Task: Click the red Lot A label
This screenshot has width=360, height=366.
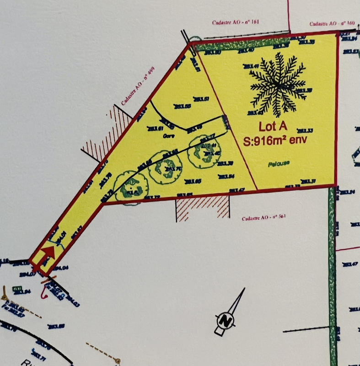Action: (x=274, y=127)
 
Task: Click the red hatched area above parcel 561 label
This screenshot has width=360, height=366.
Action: (x=202, y=207)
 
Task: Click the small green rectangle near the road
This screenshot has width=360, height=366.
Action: (x=18, y=289)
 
